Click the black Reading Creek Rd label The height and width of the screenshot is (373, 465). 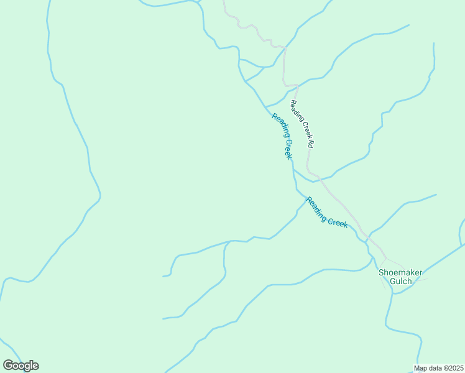pos(303,124)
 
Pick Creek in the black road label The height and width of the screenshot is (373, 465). pos(305,129)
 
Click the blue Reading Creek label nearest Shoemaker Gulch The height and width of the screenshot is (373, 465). pos(326,213)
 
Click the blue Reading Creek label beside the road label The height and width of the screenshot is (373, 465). pos(282,136)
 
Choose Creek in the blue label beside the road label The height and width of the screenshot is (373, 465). pos(287,149)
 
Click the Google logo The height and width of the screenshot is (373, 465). pos(21,366)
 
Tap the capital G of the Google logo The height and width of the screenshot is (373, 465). pos(8,365)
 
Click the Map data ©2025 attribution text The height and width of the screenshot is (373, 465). pos(439,368)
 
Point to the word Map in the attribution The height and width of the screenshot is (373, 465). pos(421,368)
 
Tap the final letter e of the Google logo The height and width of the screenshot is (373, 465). pos(35,366)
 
